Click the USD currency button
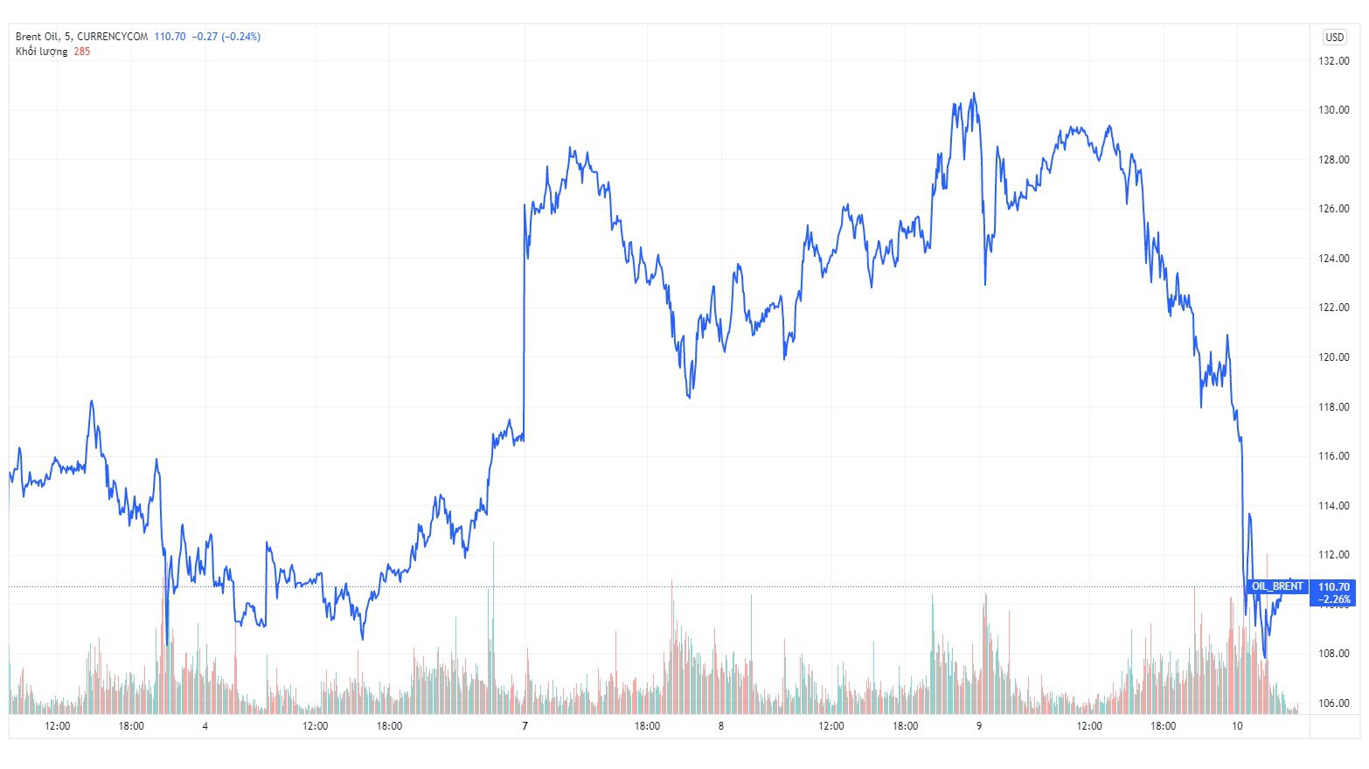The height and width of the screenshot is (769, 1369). [x=1334, y=37]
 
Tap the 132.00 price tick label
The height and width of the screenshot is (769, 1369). [x=1334, y=61]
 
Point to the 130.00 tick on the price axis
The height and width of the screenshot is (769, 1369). [x=1334, y=110]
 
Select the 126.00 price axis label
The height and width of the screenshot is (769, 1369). [x=1334, y=209]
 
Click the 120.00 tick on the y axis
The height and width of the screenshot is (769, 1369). [x=1334, y=357]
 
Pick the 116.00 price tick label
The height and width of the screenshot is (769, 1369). [x=1334, y=456]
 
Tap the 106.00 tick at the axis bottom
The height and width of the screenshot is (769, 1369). [x=1334, y=703]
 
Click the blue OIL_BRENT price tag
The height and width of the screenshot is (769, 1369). [x=1277, y=586]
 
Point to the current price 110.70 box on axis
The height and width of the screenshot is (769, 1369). [x=1334, y=587]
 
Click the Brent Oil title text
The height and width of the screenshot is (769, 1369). [x=37, y=37]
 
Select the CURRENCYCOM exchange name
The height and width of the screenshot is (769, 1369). [x=113, y=37]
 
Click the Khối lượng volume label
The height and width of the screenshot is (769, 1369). [x=41, y=52]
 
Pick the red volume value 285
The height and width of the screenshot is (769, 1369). [x=82, y=52]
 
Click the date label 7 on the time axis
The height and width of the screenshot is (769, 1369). [x=525, y=726]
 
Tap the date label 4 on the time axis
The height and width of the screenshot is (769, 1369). [x=205, y=726]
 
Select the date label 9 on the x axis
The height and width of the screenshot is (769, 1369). [x=979, y=726]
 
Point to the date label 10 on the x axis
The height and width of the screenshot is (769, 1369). [x=1237, y=726]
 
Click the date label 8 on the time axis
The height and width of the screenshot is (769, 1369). [x=720, y=726]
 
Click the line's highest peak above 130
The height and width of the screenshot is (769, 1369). [x=974, y=94]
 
